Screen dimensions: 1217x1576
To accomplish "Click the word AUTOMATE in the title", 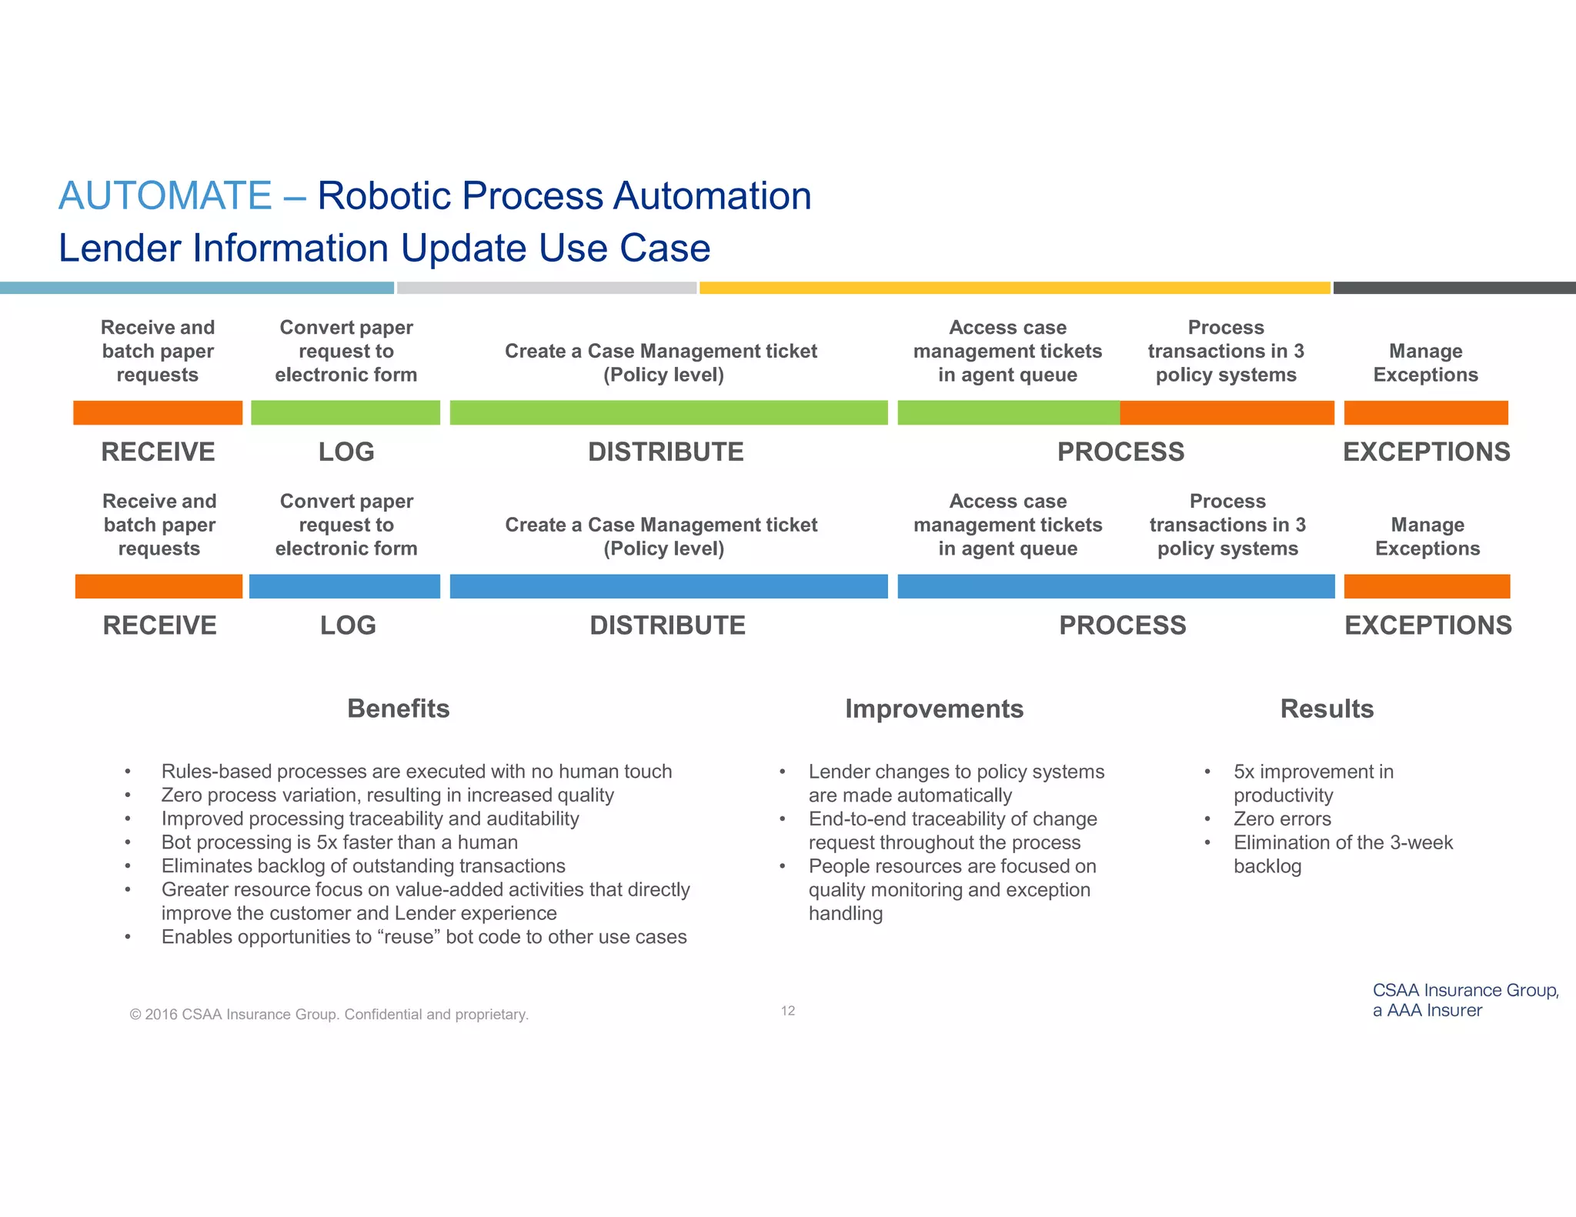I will pos(165,195).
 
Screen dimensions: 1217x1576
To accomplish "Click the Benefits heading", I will pos(398,709).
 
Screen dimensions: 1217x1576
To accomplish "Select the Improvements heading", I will pos(933,709).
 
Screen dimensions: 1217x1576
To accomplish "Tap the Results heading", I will pos(1327,709).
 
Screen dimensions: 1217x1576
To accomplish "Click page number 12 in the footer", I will pos(787,1011).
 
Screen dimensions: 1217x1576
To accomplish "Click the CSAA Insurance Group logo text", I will pos(1464,1000).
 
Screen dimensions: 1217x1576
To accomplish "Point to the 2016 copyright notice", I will pos(329,1014).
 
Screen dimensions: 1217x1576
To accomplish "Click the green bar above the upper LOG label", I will pos(346,412).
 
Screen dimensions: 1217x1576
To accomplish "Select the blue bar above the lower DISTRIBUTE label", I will pos(668,586).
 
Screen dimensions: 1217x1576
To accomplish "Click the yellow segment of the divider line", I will pos(1014,288).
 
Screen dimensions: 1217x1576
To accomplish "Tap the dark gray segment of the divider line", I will pos(1454,288).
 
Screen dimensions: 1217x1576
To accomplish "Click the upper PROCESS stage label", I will pos(1120,452).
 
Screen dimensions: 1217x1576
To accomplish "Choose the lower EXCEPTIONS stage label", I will pos(1427,625).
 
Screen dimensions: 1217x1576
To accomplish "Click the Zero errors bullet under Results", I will pos(1282,819).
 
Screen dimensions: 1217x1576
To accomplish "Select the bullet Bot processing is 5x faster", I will pos(339,842).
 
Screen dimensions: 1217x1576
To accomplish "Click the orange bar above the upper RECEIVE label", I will pos(158,412).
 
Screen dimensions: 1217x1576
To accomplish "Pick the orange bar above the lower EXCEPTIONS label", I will pos(1427,586).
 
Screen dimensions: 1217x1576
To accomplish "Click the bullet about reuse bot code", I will pos(423,937).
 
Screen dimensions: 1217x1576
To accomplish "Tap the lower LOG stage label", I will pos(348,625).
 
